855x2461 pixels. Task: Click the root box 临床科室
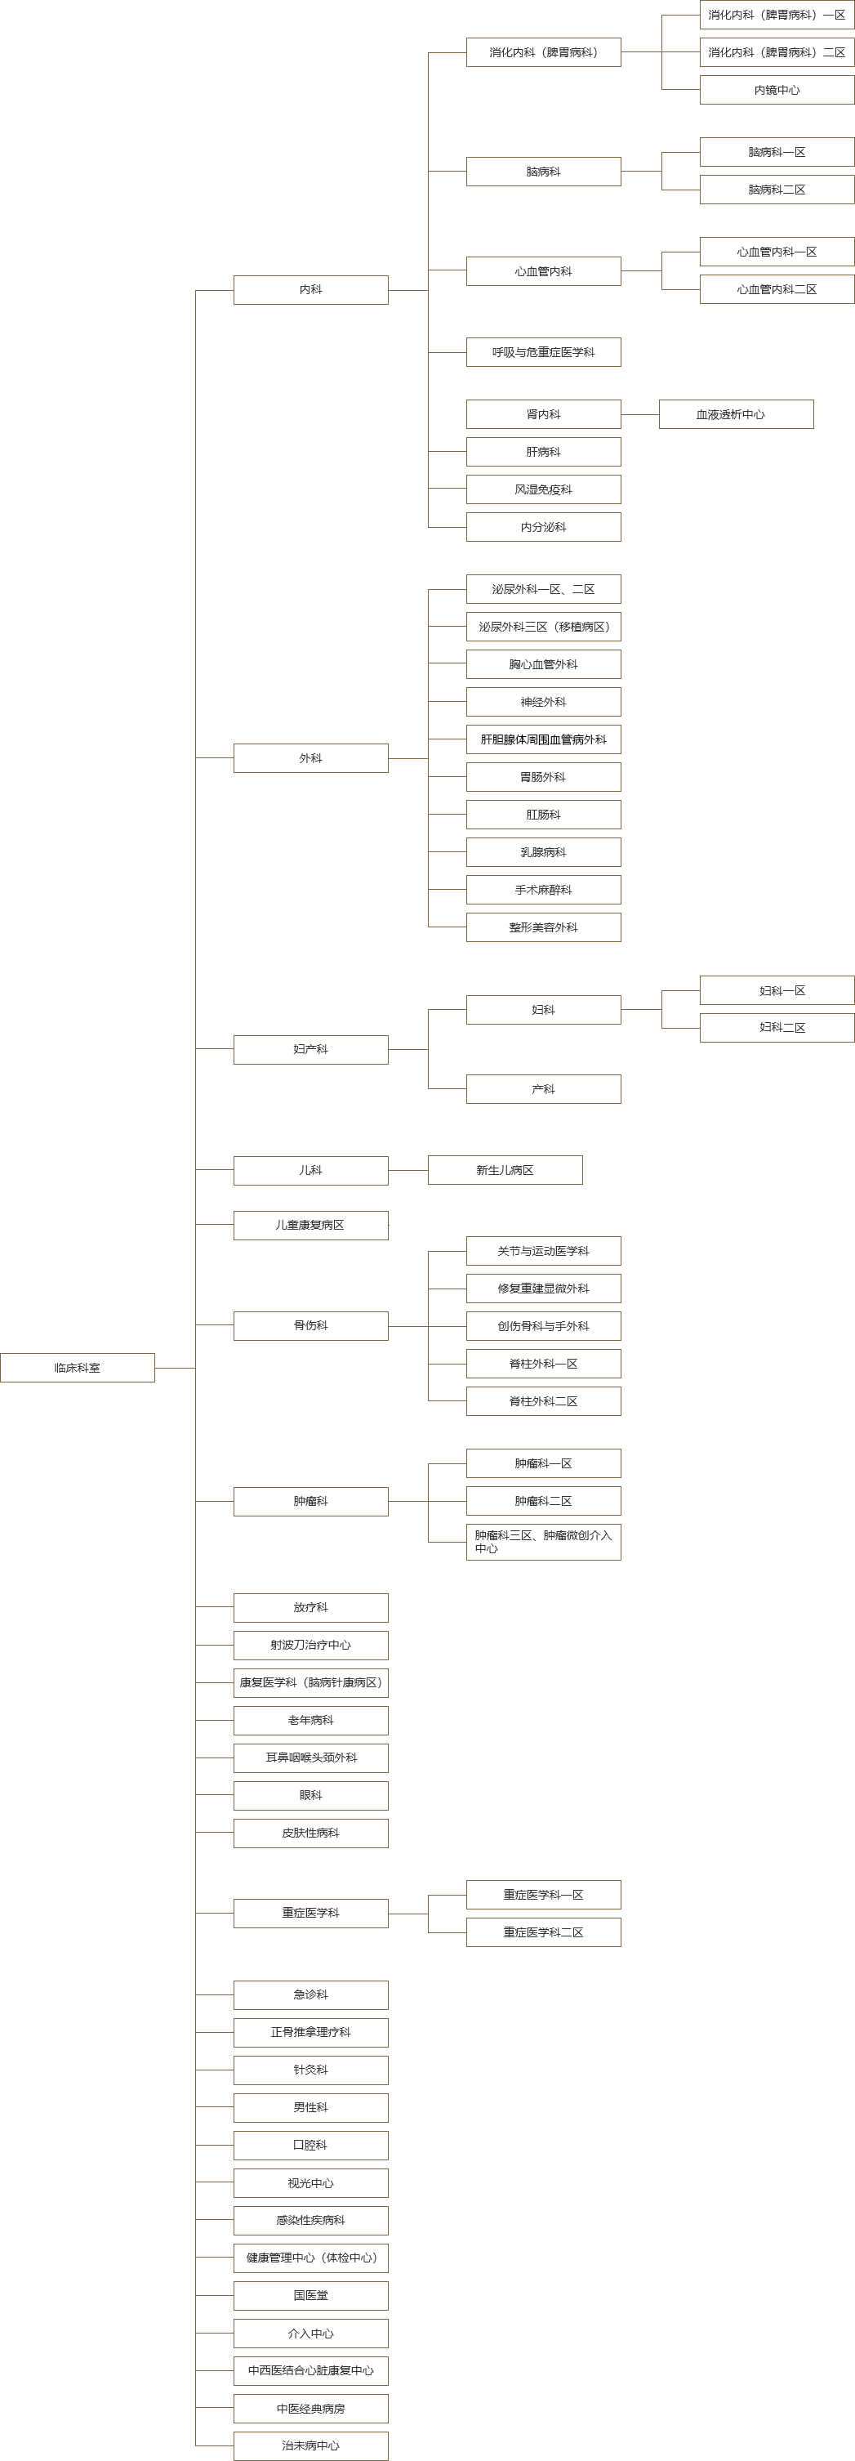point(78,1367)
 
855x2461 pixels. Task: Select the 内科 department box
point(310,289)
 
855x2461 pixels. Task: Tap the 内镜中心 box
point(777,90)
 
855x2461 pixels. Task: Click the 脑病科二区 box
point(777,190)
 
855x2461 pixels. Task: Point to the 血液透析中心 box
point(736,413)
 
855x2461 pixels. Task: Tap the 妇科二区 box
point(777,1027)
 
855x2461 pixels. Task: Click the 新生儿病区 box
point(505,1169)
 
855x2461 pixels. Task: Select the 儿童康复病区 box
point(310,1225)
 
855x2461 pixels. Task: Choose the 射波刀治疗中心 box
point(310,1645)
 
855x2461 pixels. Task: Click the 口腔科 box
point(310,2145)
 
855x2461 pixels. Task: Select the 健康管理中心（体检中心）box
point(310,2258)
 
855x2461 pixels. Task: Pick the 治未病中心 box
point(310,2445)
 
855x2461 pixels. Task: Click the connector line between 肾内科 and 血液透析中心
point(640,413)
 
